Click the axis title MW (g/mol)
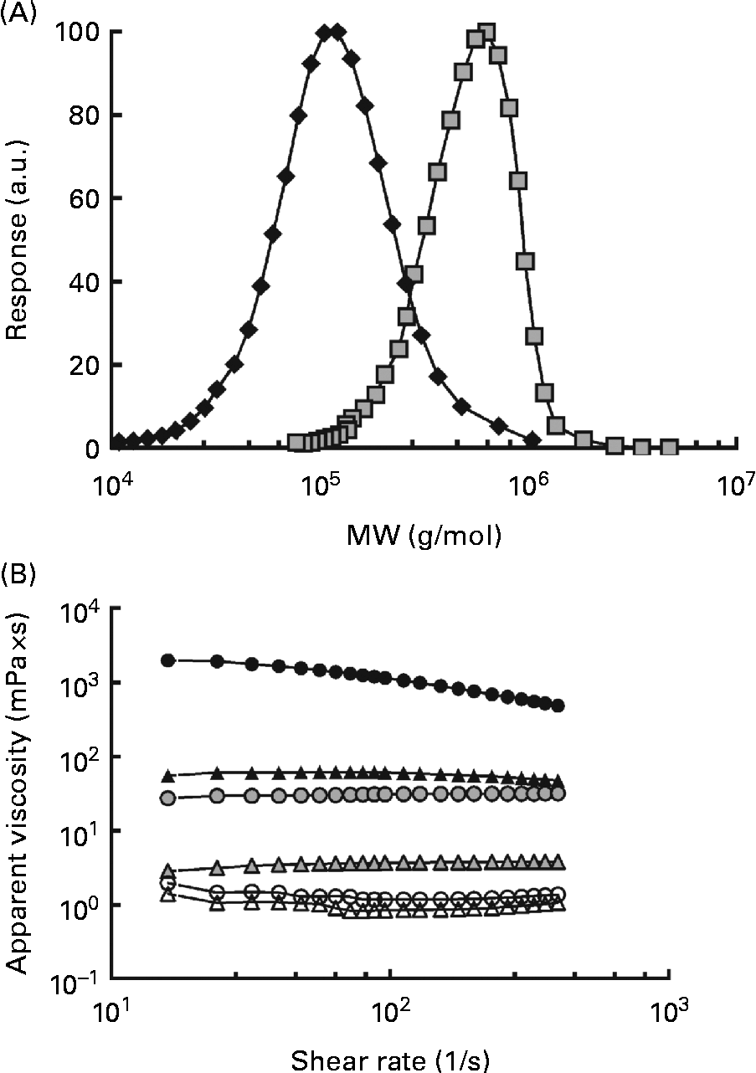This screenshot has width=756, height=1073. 424,533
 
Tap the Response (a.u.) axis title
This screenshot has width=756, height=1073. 18,239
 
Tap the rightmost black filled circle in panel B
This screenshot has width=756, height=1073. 558,706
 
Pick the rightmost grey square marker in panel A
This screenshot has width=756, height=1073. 668,448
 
